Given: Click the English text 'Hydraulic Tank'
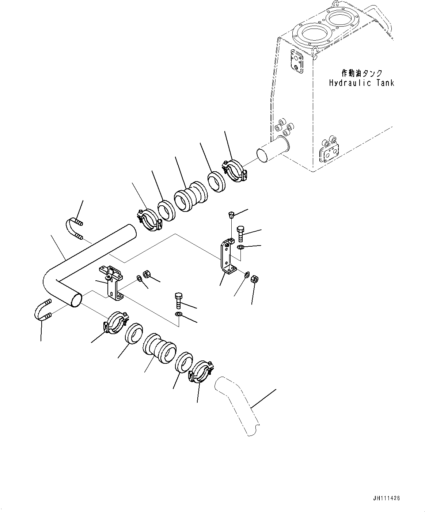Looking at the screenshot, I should tap(361, 83).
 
